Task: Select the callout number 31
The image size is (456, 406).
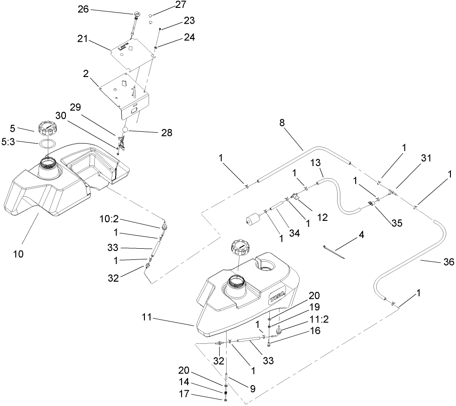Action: pos(426,158)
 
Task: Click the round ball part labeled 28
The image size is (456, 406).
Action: pos(124,128)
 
